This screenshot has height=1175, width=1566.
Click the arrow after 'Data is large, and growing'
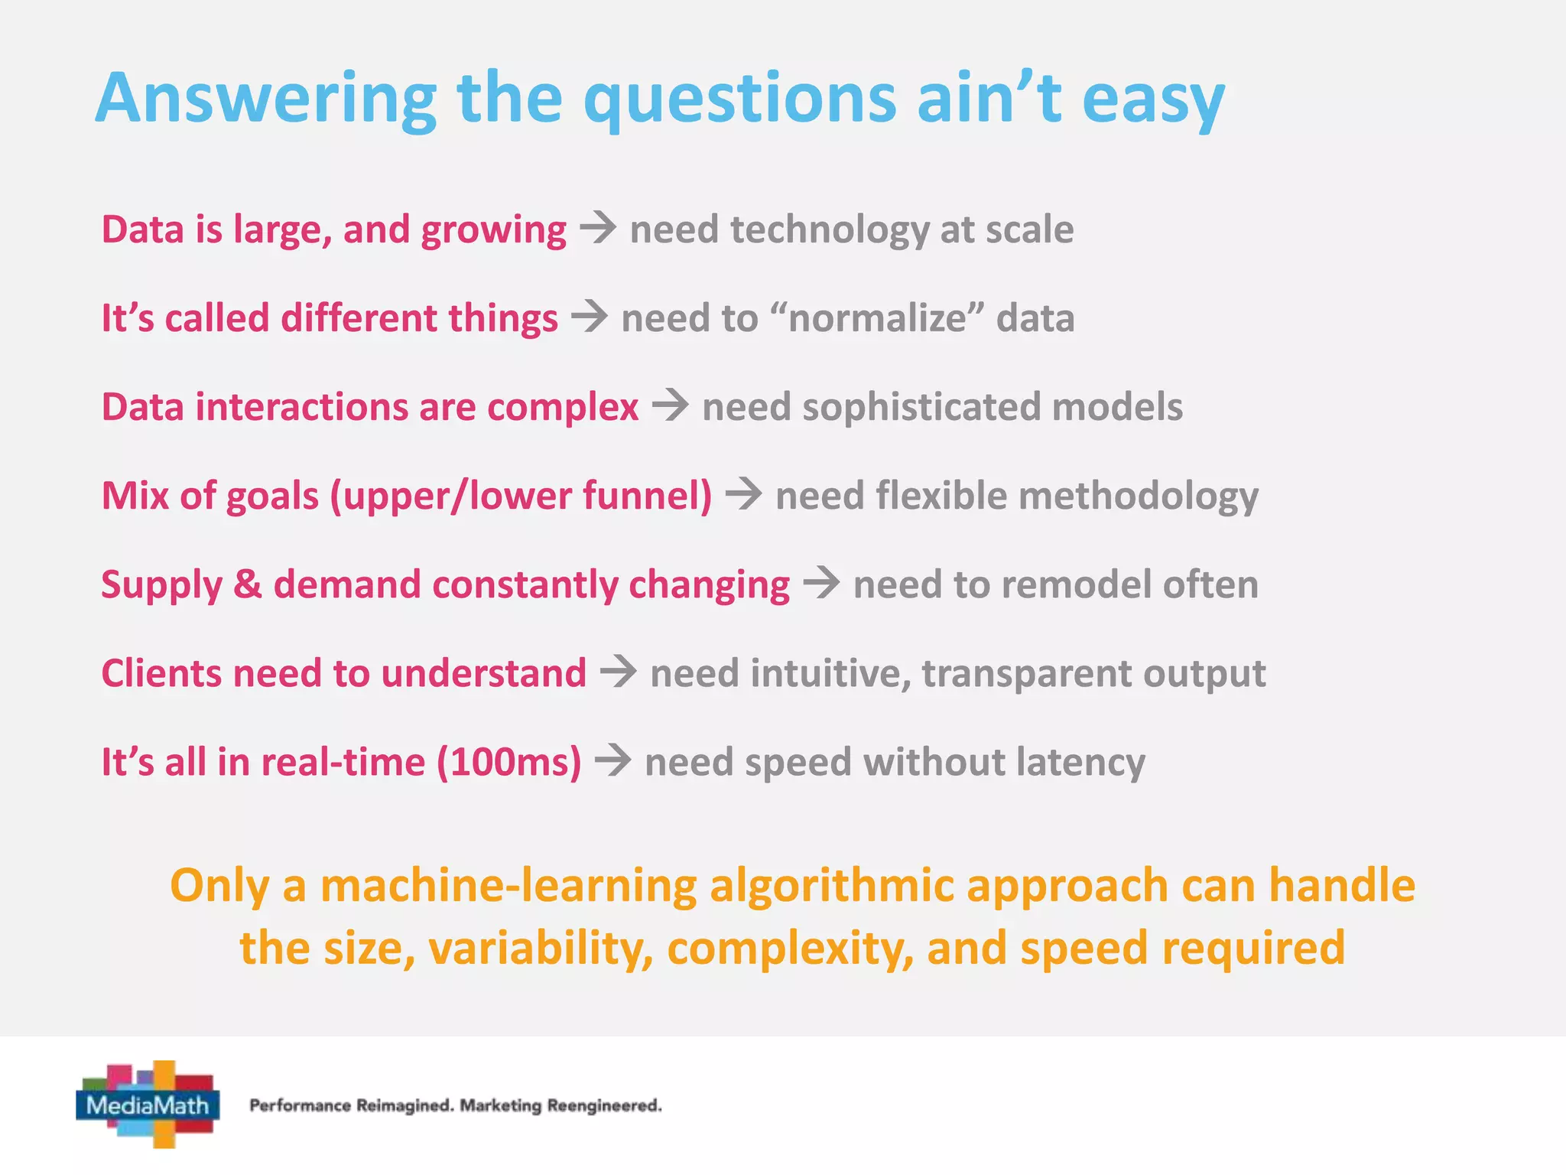pos(598,228)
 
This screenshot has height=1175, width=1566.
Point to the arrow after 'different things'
pos(590,317)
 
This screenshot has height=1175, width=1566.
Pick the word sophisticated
pos(921,407)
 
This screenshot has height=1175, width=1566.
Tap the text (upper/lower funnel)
pos(521,496)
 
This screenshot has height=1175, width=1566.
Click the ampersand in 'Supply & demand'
pos(247,584)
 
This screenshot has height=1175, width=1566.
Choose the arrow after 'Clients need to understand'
pos(619,672)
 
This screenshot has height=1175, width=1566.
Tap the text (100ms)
pos(508,762)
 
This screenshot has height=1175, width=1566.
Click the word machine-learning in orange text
pos(508,885)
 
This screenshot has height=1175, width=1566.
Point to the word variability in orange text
pos(541,948)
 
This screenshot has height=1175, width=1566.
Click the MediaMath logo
pos(148,1104)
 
